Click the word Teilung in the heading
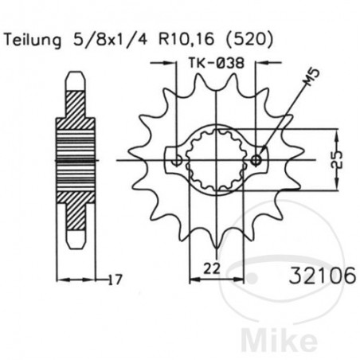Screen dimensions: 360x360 33,38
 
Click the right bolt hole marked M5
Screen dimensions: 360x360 256,160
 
